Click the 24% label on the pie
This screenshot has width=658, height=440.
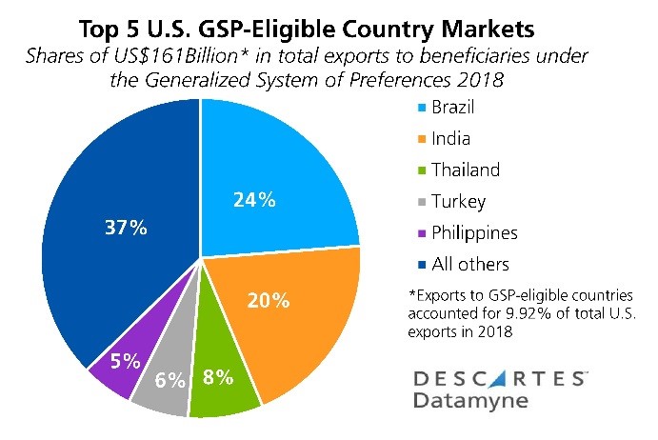click(254, 201)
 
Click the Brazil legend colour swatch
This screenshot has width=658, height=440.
click(416, 109)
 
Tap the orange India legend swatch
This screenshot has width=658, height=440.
click(416, 140)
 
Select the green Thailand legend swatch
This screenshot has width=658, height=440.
click(416, 171)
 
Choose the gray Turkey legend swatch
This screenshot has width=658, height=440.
click(416, 202)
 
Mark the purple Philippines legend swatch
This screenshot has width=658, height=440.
click(416, 233)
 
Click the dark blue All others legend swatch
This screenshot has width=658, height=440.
click(416, 265)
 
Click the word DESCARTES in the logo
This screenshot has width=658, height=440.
click(499, 378)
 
